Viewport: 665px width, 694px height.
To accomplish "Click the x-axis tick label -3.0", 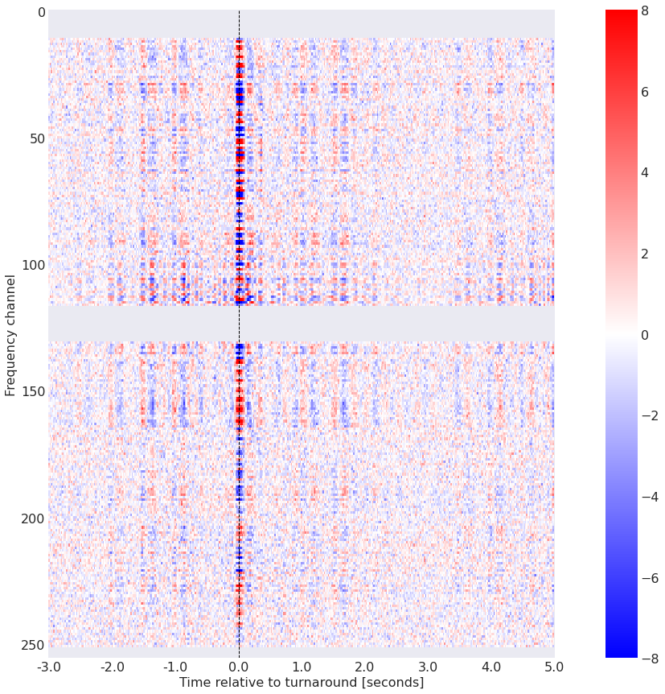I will click(x=48, y=667).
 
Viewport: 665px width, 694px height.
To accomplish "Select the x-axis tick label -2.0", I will click(x=112, y=667).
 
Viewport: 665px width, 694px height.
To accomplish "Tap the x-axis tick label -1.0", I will click(x=174, y=667).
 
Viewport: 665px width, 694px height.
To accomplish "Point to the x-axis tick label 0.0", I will click(x=239, y=667).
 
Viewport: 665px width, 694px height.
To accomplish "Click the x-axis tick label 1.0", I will click(x=302, y=667).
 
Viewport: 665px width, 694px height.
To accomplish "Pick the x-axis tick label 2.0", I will click(x=365, y=667).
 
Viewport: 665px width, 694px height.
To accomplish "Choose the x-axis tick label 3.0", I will click(x=428, y=667).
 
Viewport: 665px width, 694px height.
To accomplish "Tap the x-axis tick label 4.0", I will click(x=491, y=667).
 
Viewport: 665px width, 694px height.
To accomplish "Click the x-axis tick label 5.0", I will click(x=554, y=667).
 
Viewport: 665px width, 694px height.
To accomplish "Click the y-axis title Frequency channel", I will click(x=10, y=334).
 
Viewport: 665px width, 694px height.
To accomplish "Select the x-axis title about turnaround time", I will click(x=302, y=683).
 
